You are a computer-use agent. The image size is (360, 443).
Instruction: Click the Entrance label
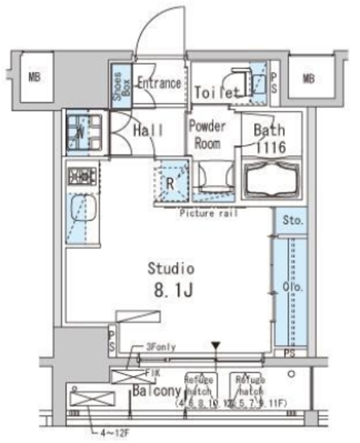[x=159, y=83]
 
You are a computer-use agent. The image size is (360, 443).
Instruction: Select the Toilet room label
[x=216, y=92]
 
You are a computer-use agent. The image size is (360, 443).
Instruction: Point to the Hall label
[x=148, y=130]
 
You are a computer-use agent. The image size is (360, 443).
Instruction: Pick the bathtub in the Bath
[x=271, y=177]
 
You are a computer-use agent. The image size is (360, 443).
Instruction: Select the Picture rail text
[x=208, y=214]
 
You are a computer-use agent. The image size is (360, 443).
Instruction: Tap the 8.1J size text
[x=169, y=291]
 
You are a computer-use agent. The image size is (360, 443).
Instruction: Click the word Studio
[x=170, y=269]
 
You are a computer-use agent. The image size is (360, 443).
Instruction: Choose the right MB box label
[x=309, y=78]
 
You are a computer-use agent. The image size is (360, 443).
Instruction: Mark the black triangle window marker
[x=217, y=344]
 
